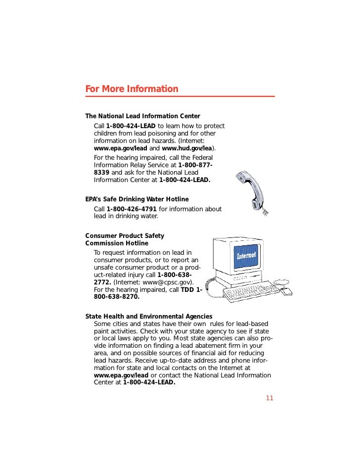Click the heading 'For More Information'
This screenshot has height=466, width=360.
132,89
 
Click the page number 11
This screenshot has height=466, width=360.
270,398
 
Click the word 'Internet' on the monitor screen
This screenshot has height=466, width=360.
246,256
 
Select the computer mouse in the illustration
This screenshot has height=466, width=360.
286,291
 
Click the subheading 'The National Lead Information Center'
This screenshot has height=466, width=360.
142,116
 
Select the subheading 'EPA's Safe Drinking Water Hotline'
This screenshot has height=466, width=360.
137,199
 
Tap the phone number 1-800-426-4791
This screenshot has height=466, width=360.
131,209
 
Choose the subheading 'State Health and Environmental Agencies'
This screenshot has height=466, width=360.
149,316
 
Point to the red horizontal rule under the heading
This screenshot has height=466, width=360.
180,96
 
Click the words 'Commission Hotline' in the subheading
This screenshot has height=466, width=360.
117,243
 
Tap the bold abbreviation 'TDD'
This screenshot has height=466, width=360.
187,289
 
